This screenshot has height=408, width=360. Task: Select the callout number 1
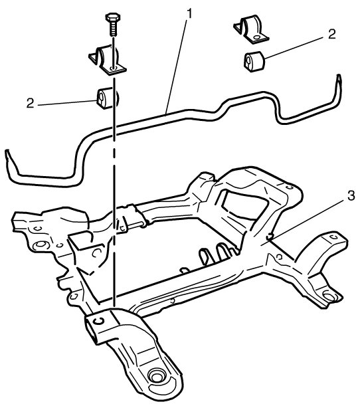190,14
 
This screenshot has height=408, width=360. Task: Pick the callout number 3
351,195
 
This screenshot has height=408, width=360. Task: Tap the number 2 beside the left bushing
31,103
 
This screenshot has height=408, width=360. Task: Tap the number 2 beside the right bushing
331,35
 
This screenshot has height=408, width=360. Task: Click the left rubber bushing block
108,98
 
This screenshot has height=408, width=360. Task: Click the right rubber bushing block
254,61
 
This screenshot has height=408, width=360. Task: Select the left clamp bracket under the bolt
107,60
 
